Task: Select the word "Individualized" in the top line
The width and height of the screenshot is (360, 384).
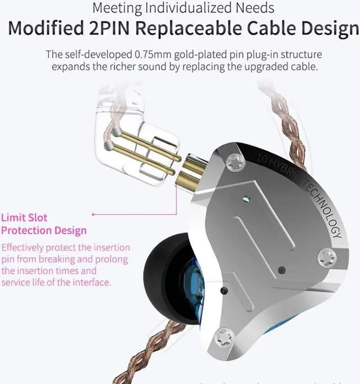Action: coord(196,8)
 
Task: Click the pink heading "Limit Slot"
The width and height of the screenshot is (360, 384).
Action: coord(24,217)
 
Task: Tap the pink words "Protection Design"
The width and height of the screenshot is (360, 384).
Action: coord(44,230)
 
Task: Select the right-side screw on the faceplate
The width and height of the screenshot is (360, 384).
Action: coord(326,258)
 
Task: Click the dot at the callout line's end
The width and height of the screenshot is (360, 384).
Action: coord(93,214)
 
